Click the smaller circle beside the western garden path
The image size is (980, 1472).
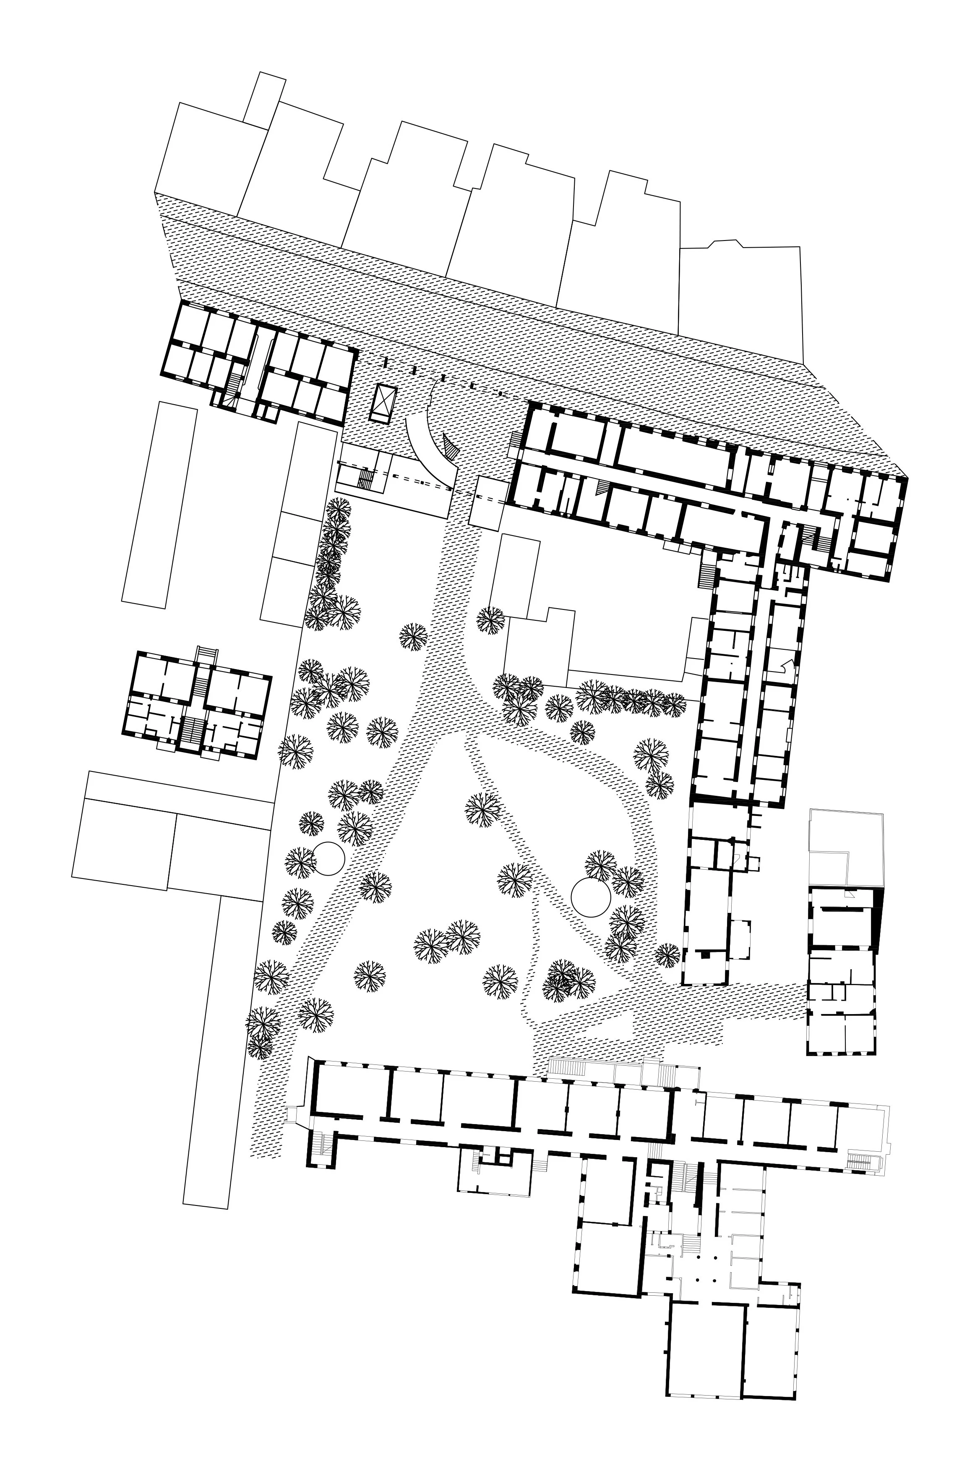[328, 858]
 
